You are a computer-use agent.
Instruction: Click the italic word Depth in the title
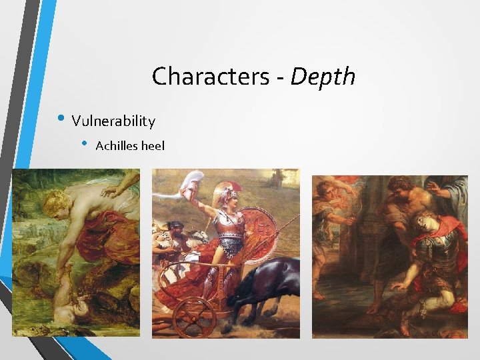(323, 77)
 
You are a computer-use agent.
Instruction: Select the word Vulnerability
(113, 121)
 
